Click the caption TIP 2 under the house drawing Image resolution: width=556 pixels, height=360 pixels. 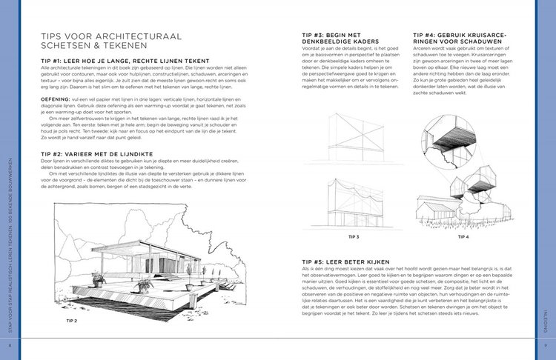(72, 320)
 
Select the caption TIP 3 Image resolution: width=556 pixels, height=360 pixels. (353, 237)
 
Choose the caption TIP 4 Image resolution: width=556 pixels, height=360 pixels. (463, 237)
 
